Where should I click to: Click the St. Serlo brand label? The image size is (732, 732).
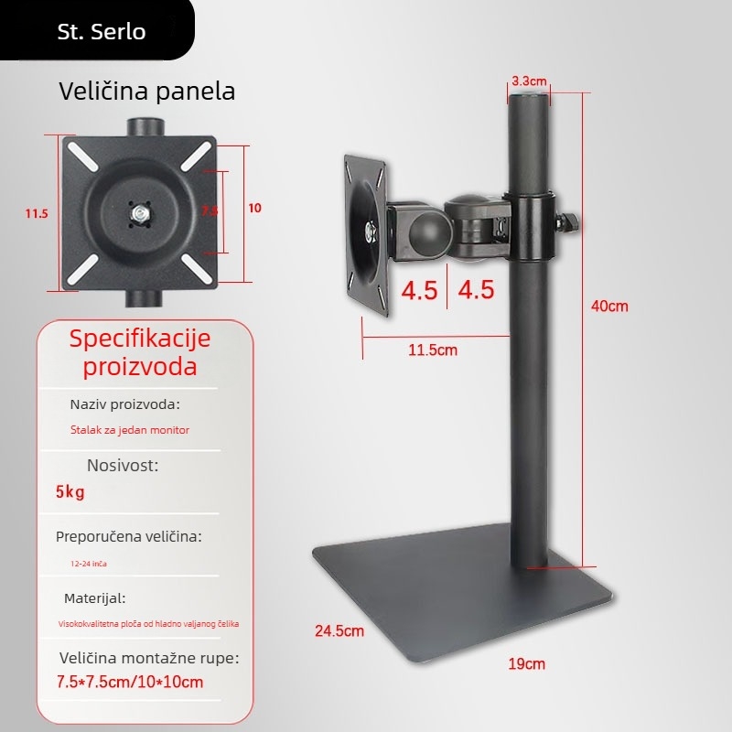tap(101, 31)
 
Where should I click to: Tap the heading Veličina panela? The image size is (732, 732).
tap(147, 91)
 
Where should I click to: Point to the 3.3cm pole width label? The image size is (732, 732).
tap(529, 81)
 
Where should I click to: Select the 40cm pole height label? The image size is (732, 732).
tap(609, 307)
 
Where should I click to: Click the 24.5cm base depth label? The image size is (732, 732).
tap(339, 630)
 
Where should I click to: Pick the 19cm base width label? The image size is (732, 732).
tap(526, 663)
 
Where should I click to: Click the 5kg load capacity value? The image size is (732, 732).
tap(70, 493)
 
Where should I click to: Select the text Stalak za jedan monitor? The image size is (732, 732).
tap(130, 429)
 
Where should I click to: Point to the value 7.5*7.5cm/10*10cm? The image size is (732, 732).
tap(130, 683)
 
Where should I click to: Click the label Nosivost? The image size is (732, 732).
tap(123, 465)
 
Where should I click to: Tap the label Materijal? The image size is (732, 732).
tap(95, 598)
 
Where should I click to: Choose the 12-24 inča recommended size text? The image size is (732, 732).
tap(94, 565)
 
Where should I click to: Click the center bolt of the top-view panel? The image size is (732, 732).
tap(140, 214)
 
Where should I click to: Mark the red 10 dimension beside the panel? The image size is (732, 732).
tap(254, 209)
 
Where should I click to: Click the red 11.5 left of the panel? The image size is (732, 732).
tap(37, 213)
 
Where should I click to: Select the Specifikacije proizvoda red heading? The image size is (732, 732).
tap(140, 352)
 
